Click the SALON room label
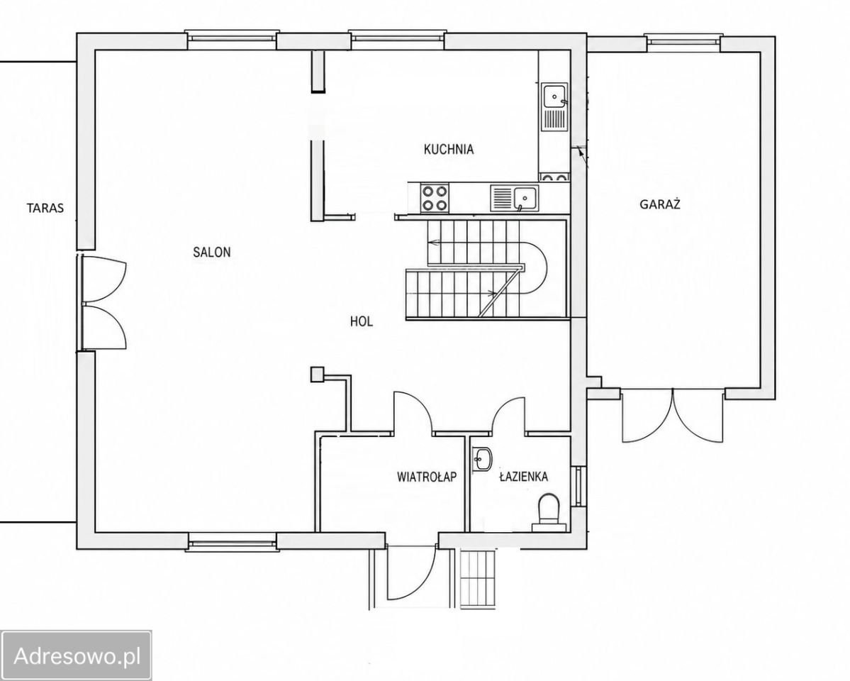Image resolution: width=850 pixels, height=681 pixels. [212, 252]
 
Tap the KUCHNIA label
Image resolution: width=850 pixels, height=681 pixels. [449, 149]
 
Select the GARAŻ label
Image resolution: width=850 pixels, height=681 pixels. [660, 204]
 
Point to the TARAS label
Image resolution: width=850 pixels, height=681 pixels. [45, 207]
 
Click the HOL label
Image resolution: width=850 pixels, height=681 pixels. [362, 321]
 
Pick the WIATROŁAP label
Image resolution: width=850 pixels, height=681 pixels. [427, 477]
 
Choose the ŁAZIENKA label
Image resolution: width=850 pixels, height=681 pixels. [523, 476]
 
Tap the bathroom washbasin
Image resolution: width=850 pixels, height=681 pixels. [482, 459]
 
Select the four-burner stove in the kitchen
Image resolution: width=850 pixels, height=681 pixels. [435, 197]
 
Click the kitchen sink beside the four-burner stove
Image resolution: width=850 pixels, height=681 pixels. [514, 197]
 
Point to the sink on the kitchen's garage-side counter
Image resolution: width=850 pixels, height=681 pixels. [554, 107]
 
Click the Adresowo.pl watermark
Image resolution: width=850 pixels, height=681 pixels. [77, 655]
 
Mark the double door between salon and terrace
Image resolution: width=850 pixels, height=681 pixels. [103, 302]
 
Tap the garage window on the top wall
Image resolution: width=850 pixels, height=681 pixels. [683, 43]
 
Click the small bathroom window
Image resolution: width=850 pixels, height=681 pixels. [578, 486]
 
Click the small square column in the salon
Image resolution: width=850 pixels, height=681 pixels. [317, 375]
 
